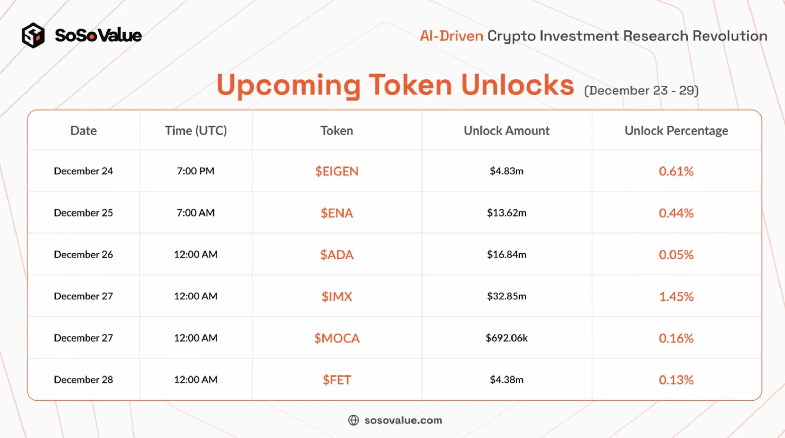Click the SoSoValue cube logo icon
(33, 35)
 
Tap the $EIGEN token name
(337, 171)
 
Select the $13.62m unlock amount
(506, 212)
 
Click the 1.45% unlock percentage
(676, 296)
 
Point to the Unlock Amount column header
(506, 131)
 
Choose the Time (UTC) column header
(196, 131)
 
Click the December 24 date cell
(83, 171)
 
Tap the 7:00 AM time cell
(196, 212)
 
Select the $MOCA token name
(337, 338)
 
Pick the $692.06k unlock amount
(506, 337)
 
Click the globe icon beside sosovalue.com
(354, 420)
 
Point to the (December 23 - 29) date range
(642, 91)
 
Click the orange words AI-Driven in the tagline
(451, 36)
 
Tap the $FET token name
(337, 380)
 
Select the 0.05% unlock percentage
(676, 255)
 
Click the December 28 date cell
(83, 379)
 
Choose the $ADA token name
(337, 255)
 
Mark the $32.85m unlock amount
(506, 296)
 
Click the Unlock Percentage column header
(676, 131)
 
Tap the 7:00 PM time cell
(196, 171)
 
